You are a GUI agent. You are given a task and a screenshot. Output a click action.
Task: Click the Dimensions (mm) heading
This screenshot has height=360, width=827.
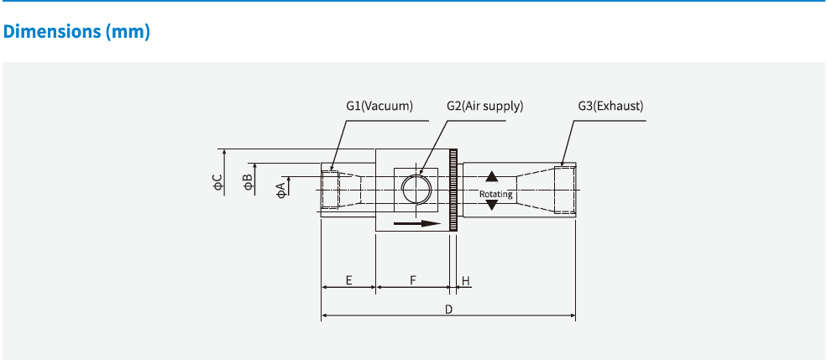[76, 32]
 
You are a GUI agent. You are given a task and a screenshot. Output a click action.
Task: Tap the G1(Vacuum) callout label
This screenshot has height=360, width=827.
[379, 106]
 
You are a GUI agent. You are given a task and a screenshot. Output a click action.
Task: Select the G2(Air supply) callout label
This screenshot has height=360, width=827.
[484, 106]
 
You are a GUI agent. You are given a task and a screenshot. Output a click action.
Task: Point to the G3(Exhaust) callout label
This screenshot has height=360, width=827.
[610, 106]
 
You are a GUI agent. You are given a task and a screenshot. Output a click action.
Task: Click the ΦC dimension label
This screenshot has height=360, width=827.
[217, 182]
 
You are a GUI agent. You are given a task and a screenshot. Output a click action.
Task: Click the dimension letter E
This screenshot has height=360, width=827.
[348, 279]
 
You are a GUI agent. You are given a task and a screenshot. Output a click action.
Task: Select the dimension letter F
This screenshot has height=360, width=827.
[413, 279]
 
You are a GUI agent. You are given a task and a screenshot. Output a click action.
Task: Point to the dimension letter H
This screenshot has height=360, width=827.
[465, 279]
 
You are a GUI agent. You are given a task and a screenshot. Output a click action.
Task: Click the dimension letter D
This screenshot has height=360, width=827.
[448, 309]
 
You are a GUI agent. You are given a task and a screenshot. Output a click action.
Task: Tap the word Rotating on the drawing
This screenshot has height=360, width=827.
[495, 194]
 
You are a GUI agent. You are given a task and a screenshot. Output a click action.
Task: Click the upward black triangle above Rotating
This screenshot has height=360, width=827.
[492, 177]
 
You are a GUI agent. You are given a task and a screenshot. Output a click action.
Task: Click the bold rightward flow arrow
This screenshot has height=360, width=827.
[417, 224]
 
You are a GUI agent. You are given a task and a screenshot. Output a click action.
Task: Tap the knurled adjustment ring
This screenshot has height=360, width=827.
[454, 190]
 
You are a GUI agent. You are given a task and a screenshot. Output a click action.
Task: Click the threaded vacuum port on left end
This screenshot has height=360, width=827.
[331, 190]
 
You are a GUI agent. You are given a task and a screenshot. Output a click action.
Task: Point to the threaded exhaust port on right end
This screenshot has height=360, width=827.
[565, 190]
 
